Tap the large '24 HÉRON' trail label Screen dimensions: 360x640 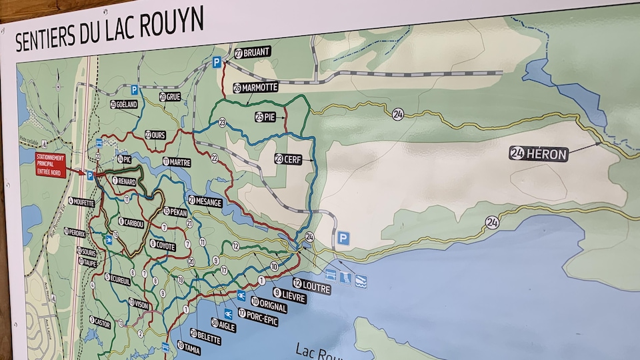[539, 153]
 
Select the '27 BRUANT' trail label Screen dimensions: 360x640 [253, 53]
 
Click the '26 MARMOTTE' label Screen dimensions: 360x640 [255, 87]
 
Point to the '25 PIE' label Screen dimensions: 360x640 [265, 117]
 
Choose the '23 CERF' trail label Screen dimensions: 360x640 [288, 159]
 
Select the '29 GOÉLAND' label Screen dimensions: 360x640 [124, 105]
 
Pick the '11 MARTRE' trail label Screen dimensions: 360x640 [176, 162]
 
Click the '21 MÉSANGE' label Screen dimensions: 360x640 [205, 201]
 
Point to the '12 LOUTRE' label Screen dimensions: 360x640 [311, 287]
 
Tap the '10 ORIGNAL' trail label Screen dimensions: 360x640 [269, 305]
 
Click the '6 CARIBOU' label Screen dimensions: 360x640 [131, 223]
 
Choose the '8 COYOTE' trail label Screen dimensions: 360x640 [162, 245]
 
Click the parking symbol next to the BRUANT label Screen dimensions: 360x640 [217, 62]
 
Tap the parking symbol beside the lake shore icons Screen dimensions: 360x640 [343, 238]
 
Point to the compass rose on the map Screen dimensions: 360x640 [56, 87]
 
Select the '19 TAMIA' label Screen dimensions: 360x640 [189, 346]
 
